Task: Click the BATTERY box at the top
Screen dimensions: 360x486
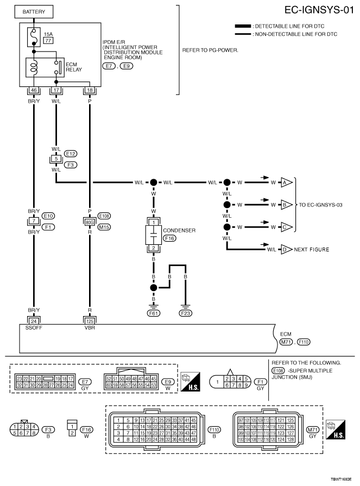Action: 34,12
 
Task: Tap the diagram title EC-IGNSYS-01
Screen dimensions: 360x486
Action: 319,10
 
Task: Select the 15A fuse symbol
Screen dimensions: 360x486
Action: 34,37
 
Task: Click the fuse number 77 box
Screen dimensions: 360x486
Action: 48,41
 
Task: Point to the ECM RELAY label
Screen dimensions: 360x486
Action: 74,67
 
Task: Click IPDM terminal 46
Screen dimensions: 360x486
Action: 34,90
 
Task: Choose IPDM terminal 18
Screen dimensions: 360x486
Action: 90,90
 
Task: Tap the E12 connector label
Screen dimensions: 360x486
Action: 71,154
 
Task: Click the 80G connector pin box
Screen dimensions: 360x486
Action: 90,222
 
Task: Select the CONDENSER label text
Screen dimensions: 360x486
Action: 179,230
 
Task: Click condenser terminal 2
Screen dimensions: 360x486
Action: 154,248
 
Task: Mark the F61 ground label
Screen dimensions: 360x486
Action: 154,313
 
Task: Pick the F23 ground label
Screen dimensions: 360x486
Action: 185,313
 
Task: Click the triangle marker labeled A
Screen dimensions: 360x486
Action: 286,182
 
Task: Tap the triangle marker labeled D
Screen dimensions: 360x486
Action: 286,249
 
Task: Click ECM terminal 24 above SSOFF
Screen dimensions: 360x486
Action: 34,321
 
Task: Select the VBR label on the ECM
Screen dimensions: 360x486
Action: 90,327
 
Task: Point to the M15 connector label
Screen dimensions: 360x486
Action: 104,227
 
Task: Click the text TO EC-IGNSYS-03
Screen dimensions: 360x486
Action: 321,205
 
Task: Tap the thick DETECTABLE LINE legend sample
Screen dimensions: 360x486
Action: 243,26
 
